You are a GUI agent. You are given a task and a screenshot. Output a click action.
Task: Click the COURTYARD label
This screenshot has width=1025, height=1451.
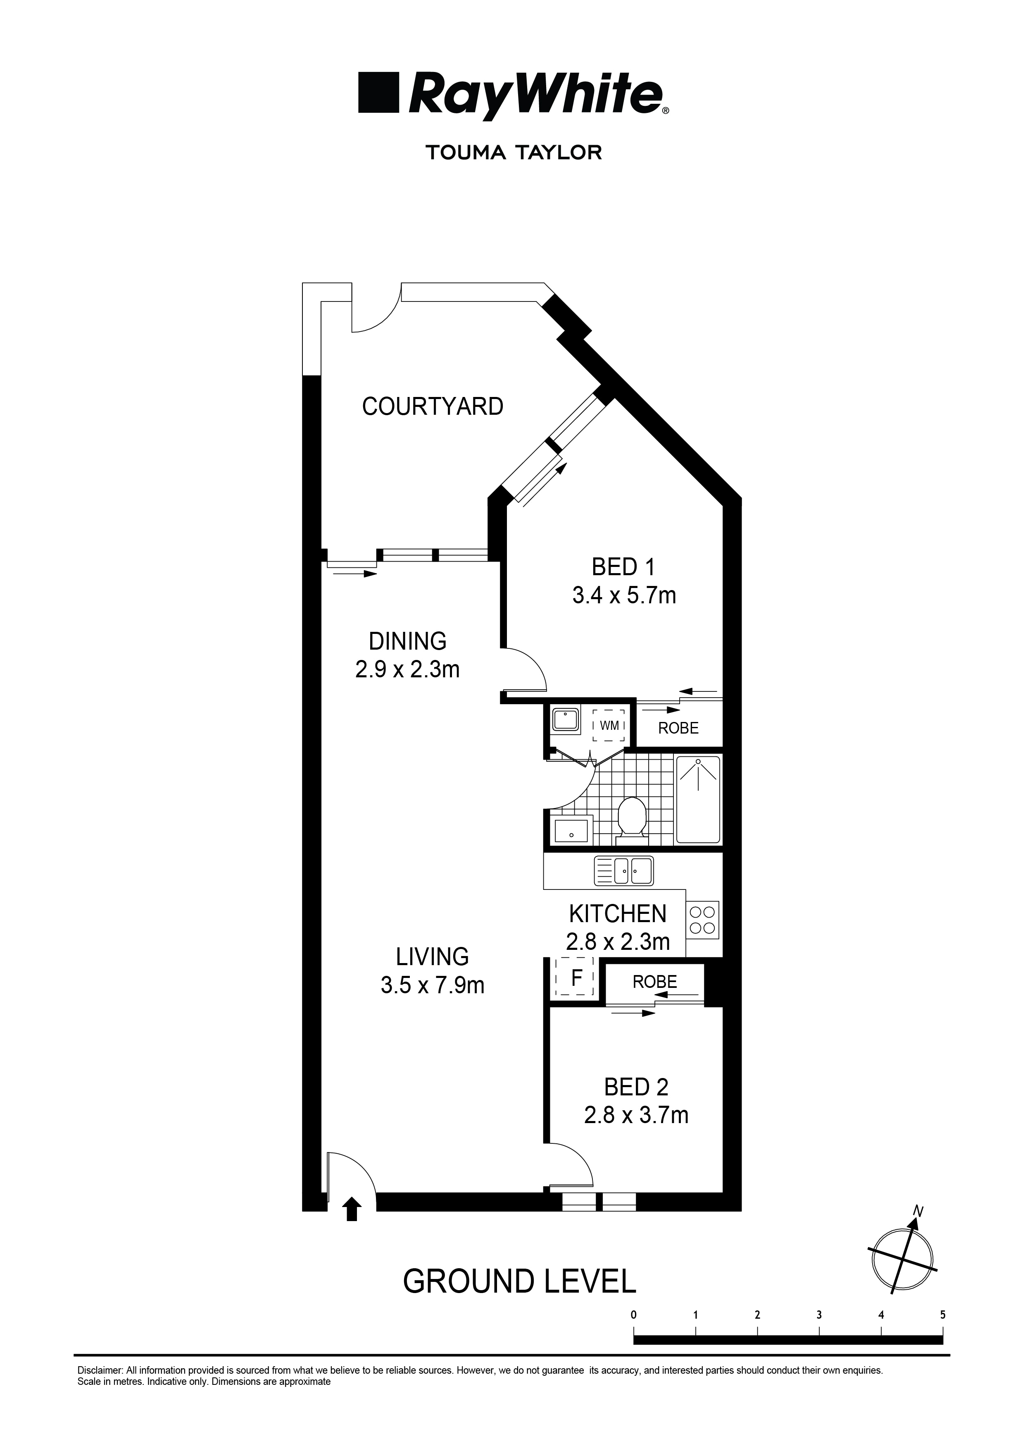tap(432, 406)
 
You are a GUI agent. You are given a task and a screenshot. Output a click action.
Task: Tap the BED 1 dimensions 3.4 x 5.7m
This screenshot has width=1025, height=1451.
tap(623, 595)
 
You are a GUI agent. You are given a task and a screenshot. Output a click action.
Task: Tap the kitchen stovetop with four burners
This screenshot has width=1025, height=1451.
tap(702, 920)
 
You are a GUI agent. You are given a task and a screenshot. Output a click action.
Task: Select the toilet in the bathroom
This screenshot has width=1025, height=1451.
tap(631, 820)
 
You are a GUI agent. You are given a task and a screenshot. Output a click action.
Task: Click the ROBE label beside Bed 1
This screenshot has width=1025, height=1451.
tap(678, 728)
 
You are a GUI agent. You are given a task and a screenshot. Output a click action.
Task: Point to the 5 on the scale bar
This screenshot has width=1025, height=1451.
tap(942, 1315)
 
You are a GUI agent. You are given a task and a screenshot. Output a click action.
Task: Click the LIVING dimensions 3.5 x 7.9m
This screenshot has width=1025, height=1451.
tap(432, 985)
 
